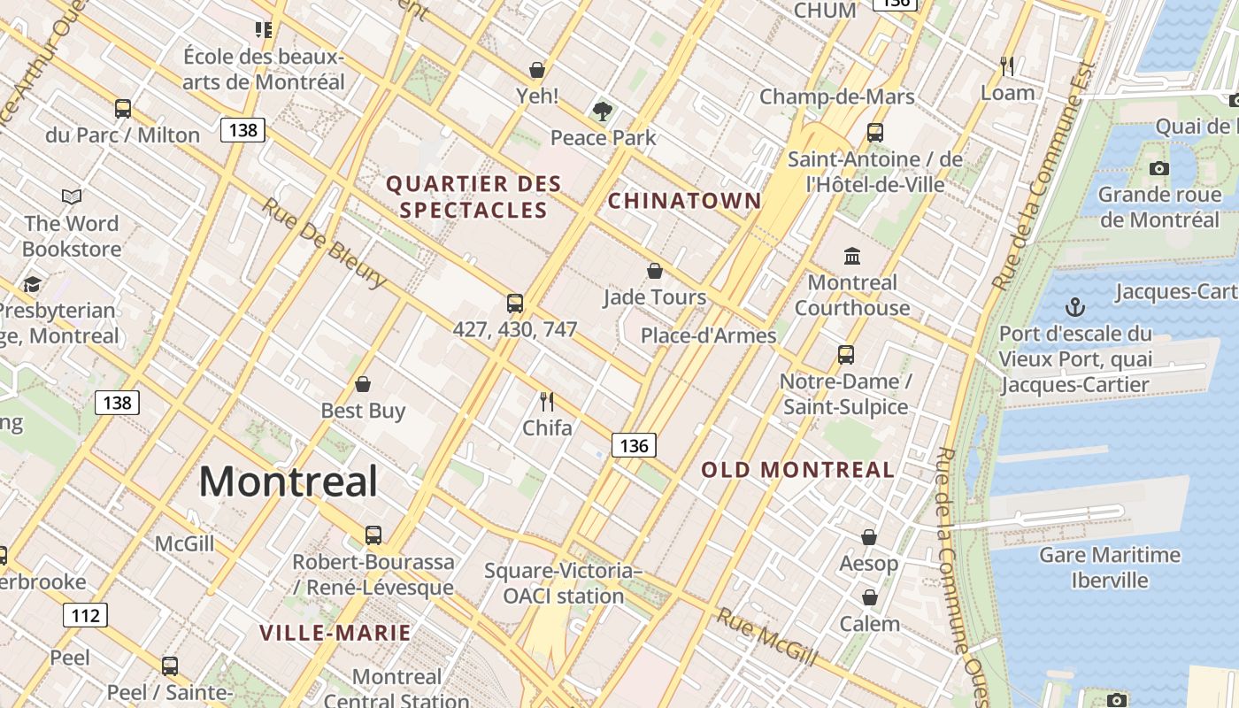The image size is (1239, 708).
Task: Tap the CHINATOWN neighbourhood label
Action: pos(684,201)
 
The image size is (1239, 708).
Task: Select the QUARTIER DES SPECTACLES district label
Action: pos(473,197)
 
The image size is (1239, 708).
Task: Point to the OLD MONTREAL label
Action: pos(798,470)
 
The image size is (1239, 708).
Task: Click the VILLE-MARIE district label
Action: pos(335,633)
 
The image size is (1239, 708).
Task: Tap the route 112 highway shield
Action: pos(85,615)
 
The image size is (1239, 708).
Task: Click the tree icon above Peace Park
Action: pos(603,112)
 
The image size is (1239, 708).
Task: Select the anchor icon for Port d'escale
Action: pos(1074,307)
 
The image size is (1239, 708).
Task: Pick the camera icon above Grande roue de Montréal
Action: pos(1158,168)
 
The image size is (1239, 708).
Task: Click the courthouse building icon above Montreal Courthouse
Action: pos(852,256)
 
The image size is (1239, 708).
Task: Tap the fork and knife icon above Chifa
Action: pos(547,402)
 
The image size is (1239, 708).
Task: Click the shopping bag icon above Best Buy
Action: pos(362,384)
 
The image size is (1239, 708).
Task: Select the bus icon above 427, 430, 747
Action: pos(515,304)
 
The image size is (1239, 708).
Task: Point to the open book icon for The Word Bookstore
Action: pos(72,196)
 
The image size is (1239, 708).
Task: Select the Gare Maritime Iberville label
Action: pos(1109,567)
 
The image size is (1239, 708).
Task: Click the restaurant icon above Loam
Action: pos(1006,65)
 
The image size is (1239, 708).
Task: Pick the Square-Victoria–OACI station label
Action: pos(563,583)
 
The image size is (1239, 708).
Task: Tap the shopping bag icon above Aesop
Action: pos(869,537)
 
